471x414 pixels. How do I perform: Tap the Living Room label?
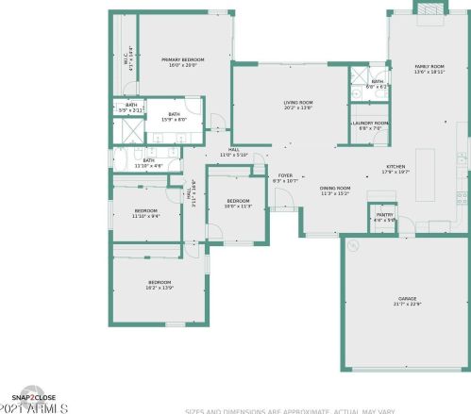(x=298, y=104)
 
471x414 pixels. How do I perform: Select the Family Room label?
(x=429, y=68)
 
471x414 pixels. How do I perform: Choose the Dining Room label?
(x=335, y=190)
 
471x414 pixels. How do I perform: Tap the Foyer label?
(x=284, y=177)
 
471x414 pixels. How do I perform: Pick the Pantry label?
(x=384, y=217)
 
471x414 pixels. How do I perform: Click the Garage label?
(x=407, y=300)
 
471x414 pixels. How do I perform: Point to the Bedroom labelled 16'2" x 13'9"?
(x=160, y=284)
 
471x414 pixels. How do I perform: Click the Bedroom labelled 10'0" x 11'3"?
(x=238, y=203)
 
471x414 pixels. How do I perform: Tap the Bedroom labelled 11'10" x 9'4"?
(x=145, y=212)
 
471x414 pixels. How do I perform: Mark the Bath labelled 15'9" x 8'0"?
(x=175, y=116)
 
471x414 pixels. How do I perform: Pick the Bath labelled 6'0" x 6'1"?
(x=377, y=84)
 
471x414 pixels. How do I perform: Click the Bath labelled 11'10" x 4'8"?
(x=148, y=162)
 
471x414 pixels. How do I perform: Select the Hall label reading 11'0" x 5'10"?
(x=233, y=152)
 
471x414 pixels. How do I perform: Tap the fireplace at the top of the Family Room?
(x=428, y=8)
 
